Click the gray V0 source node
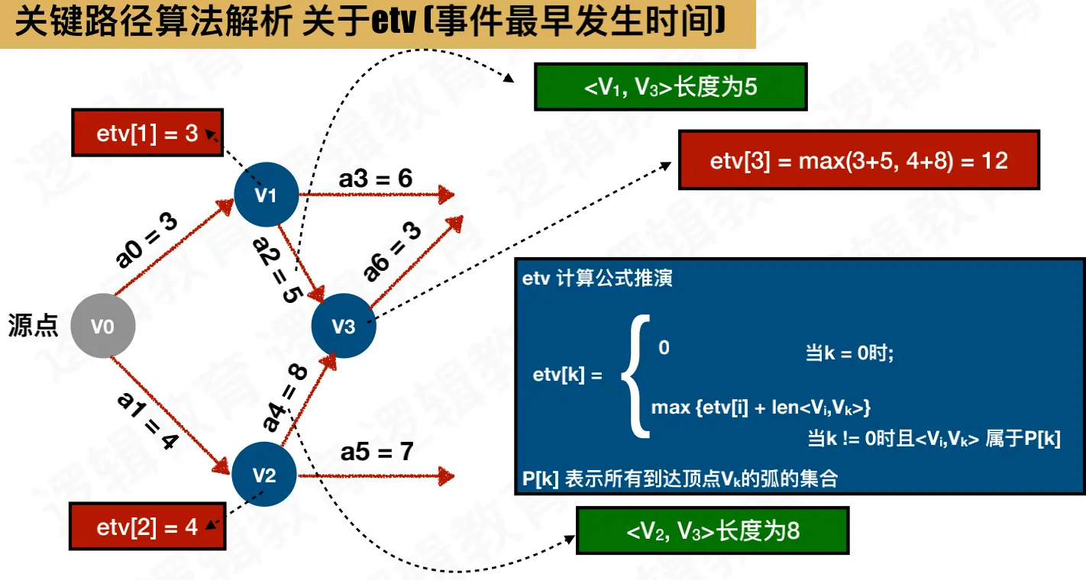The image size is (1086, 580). pos(103,327)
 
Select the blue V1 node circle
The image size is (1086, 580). pos(265,195)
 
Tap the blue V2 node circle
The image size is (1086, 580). pos(264,475)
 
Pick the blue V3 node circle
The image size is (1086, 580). pos(344,327)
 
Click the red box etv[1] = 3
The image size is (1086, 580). pos(147,134)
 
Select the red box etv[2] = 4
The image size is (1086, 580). pos(147,527)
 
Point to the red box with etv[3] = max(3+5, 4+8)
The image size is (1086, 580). pos(858,160)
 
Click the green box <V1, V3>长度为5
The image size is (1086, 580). pos(671,87)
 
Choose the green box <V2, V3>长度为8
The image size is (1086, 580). pos(713,530)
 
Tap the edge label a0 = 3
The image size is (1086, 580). pos(147,241)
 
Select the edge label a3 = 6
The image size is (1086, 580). pos(376,179)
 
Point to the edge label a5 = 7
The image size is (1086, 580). pos(377,452)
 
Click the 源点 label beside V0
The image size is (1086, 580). pos(34,327)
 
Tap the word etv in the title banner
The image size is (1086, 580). pos(396,22)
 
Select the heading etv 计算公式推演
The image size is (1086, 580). pos(597,278)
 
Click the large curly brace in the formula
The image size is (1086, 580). pos(635,375)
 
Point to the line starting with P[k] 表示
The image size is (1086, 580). pos(680,478)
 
